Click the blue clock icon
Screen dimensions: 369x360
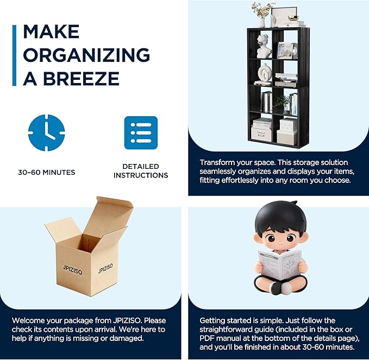pos(46,132)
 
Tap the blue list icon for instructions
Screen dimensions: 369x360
pos(141,132)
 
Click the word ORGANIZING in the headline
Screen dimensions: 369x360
pos(86,55)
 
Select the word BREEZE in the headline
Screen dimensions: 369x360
pos(81,78)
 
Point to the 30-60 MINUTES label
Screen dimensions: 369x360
pos(47,172)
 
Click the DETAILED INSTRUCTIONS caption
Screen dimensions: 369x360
pos(141,170)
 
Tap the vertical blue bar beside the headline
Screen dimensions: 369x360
pos(14,55)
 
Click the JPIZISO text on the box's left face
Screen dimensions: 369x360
pos(72,270)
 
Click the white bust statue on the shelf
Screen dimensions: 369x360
pos(264,46)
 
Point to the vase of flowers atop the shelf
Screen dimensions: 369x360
pos(262,14)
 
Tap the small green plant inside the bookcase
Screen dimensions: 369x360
pos(282,102)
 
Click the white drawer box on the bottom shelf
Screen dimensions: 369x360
pos(261,134)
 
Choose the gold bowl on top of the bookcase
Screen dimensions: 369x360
pos(293,18)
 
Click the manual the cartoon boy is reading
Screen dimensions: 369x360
pos(280,265)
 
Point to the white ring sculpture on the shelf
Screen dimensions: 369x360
pos(265,73)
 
